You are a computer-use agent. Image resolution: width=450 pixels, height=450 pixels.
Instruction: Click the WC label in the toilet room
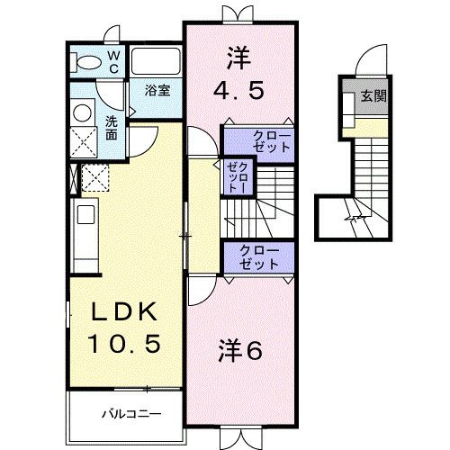tap(114, 60)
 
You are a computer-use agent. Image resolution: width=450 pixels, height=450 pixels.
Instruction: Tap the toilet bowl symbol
tap(88, 62)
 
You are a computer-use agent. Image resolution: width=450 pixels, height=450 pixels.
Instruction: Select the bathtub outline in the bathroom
tap(157, 63)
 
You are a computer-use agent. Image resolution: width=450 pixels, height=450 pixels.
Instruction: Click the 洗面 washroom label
tap(111, 127)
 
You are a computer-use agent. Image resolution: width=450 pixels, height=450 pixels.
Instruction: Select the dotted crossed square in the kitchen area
tap(94, 177)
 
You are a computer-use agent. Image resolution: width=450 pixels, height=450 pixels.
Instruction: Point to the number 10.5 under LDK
tap(125, 343)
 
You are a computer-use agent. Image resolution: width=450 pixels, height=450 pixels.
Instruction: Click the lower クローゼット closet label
tap(259, 256)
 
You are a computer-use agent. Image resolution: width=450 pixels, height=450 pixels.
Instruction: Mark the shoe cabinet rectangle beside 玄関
tap(349, 106)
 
